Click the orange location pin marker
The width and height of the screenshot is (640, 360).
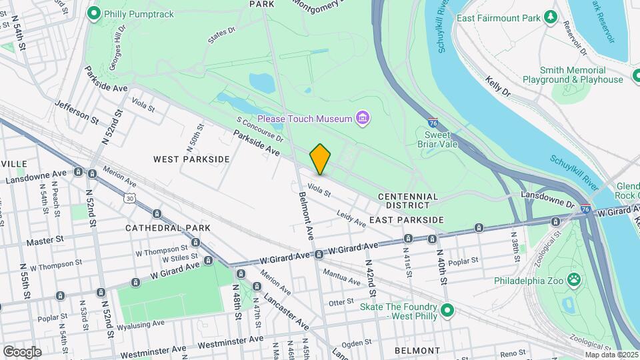point(321,159)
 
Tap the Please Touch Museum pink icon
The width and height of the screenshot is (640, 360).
point(363,119)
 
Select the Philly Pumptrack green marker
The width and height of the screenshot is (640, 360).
point(94,13)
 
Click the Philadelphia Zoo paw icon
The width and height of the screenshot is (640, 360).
point(573,278)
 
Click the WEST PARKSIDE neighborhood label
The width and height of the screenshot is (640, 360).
point(191,159)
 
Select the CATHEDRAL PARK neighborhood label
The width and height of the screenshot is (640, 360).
point(167,227)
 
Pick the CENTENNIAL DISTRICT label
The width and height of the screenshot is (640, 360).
point(408,201)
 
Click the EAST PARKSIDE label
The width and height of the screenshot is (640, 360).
point(406,220)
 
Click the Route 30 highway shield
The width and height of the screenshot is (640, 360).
point(129,198)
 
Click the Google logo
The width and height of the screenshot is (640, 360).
point(22,351)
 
